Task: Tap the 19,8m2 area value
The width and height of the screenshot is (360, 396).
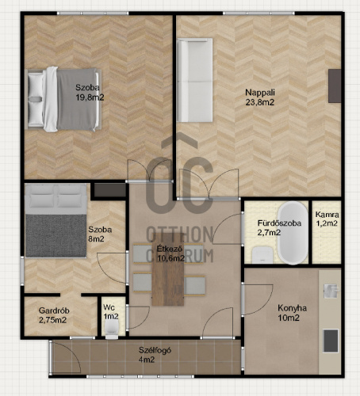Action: click(90, 97)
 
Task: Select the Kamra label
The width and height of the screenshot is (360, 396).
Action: click(327, 215)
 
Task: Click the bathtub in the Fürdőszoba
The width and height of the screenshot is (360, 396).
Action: click(293, 233)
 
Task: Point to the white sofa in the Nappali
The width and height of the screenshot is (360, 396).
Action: click(195, 80)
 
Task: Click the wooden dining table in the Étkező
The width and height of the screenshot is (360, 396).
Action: click(168, 269)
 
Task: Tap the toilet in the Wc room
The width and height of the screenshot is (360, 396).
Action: click(112, 329)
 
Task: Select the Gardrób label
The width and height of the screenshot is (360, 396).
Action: click(54, 310)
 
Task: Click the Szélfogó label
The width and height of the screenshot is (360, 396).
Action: click(155, 350)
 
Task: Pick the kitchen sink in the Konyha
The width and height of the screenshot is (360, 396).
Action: click(331, 291)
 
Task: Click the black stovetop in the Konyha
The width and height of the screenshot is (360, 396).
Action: click(331, 341)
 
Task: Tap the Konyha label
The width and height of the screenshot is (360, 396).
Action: click(292, 308)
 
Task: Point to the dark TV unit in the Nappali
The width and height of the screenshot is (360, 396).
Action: click(335, 86)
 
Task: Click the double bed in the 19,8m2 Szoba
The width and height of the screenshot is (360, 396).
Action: click(63, 99)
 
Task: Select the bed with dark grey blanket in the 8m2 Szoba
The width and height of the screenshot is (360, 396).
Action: click(56, 221)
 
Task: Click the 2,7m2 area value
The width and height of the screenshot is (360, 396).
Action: click(269, 233)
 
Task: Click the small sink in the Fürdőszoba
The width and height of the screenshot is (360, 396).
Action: click(262, 255)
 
